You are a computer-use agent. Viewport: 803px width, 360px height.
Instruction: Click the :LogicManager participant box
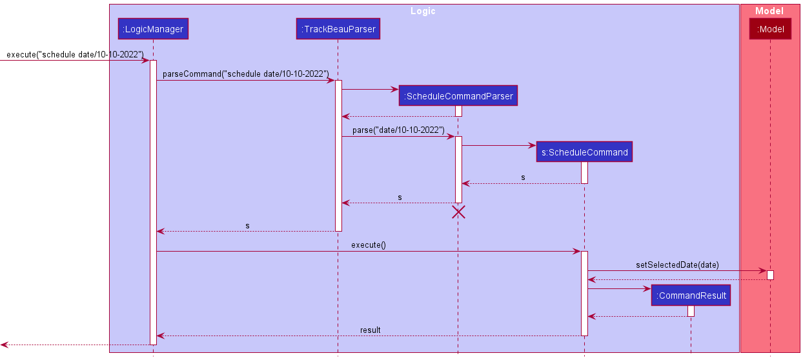click(x=153, y=29)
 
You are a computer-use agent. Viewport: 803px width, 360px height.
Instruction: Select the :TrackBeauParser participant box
click(x=338, y=29)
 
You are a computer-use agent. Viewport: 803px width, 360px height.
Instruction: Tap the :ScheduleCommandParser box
click(x=458, y=96)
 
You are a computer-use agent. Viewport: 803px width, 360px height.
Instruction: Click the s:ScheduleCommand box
click(x=584, y=152)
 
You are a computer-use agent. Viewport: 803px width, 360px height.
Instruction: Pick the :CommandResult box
click(x=691, y=295)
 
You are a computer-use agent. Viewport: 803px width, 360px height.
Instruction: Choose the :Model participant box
click(x=770, y=29)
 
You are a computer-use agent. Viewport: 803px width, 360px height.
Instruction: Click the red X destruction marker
click(x=458, y=212)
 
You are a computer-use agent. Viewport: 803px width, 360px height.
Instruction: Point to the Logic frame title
click(x=423, y=11)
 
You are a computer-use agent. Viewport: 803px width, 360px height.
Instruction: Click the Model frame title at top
click(x=769, y=11)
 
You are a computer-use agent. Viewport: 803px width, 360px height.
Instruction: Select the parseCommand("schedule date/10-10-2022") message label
click(x=245, y=74)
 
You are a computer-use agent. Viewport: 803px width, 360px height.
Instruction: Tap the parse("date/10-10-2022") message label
click(x=398, y=130)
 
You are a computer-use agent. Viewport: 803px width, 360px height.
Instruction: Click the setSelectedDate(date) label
click(x=676, y=265)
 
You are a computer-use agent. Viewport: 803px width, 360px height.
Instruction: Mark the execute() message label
click(x=369, y=245)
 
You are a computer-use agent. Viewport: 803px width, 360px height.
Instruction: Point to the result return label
click(x=370, y=330)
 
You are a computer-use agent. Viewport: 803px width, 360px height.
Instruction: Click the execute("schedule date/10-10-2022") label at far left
click(x=75, y=54)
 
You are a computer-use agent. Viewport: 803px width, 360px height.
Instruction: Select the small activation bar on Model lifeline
click(x=770, y=275)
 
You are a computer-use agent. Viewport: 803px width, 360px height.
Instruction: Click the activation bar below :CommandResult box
click(x=691, y=311)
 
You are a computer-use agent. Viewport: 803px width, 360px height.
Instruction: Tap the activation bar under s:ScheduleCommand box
click(x=584, y=172)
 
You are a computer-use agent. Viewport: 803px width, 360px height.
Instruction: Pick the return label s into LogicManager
click(x=247, y=226)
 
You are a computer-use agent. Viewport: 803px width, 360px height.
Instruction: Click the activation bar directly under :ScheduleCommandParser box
click(x=458, y=111)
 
